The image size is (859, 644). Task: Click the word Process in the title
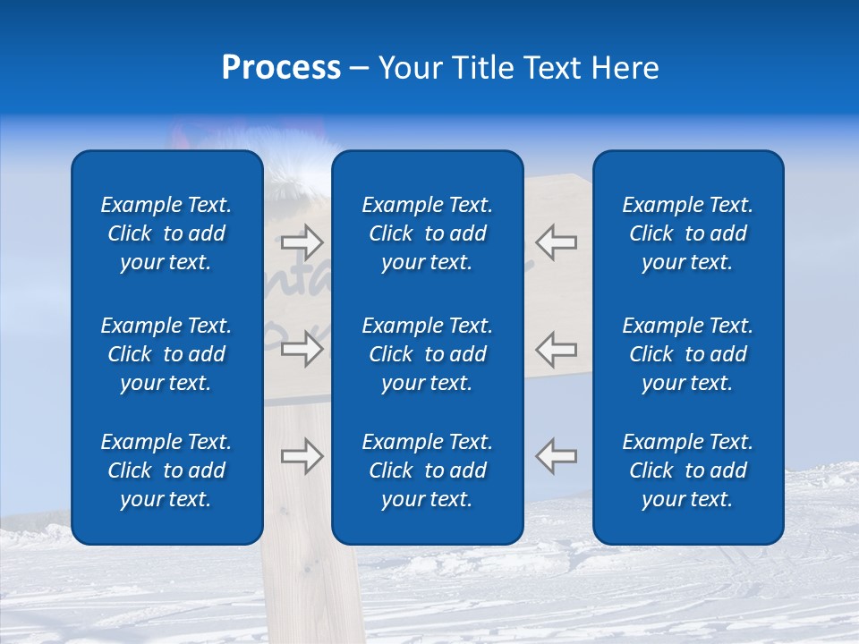(281, 68)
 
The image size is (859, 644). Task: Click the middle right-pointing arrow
(302, 349)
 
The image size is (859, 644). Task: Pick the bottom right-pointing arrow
(302, 456)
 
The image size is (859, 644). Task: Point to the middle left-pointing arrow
(557, 349)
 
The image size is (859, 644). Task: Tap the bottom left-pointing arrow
(557, 456)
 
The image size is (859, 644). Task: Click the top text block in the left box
(166, 233)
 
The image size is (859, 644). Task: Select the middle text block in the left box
(166, 354)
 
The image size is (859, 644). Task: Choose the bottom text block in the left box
(166, 470)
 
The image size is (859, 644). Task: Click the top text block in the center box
(428, 233)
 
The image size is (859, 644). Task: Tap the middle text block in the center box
(428, 354)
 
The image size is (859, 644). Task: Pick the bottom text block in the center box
(428, 470)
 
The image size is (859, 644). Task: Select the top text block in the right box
(688, 233)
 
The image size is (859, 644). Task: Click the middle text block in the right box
(688, 354)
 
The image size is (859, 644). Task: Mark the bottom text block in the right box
(688, 470)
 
